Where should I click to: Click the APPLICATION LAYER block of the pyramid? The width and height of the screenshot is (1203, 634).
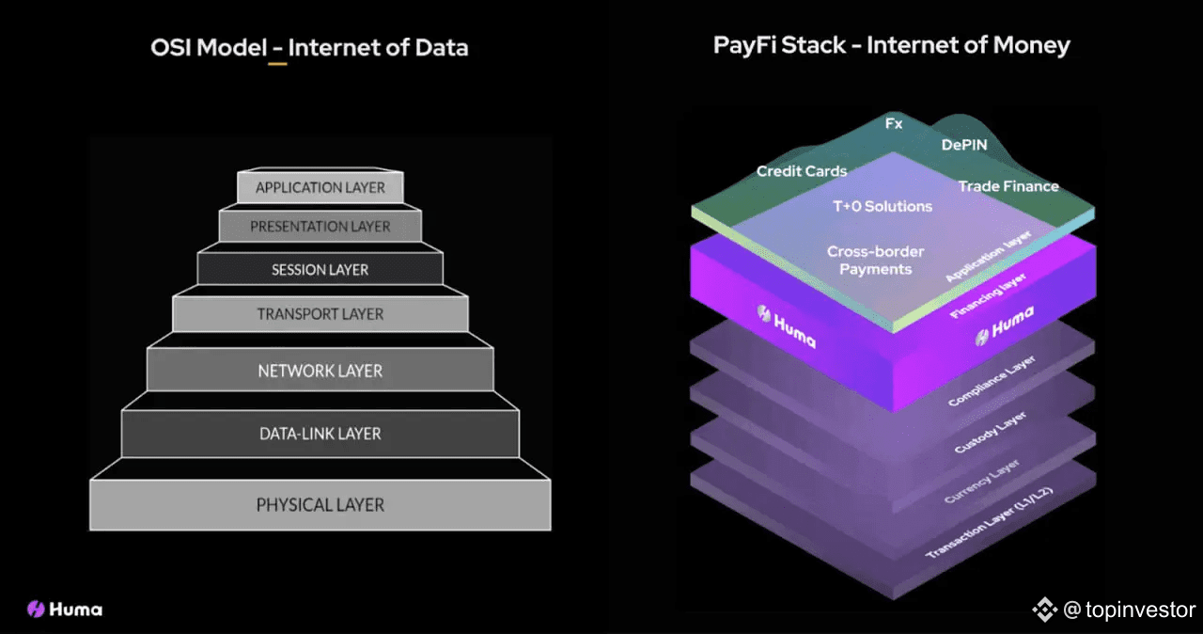pyautogui.click(x=320, y=187)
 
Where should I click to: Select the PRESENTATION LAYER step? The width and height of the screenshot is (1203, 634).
pyautogui.click(x=320, y=226)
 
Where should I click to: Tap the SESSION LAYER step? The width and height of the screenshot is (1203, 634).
pyautogui.click(x=320, y=269)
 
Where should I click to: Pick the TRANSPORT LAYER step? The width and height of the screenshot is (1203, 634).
pyautogui.click(x=320, y=314)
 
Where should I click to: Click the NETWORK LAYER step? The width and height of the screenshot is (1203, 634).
pyautogui.click(x=320, y=371)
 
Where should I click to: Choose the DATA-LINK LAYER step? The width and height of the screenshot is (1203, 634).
pyautogui.click(x=320, y=434)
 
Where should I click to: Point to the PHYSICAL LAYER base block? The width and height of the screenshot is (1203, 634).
pyautogui.click(x=320, y=504)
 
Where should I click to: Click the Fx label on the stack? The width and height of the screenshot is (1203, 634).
pyautogui.click(x=894, y=123)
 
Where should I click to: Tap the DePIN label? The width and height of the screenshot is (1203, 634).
pyautogui.click(x=964, y=145)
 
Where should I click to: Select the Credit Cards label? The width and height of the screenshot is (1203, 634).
pyautogui.click(x=802, y=171)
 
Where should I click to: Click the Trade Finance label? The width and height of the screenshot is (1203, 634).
pyautogui.click(x=1008, y=186)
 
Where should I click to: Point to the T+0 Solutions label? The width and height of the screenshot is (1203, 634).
pyautogui.click(x=883, y=206)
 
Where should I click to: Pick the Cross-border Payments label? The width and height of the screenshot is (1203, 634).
pyautogui.click(x=875, y=260)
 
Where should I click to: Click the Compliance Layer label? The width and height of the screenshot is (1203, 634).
pyautogui.click(x=992, y=381)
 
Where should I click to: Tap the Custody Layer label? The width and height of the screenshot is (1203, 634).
pyautogui.click(x=990, y=433)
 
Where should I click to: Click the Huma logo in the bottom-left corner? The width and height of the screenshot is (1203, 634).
pyautogui.click(x=65, y=610)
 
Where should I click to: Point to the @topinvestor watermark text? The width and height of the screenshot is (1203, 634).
pyautogui.click(x=1129, y=610)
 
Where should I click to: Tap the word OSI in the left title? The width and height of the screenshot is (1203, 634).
pyautogui.click(x=170, y=47)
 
